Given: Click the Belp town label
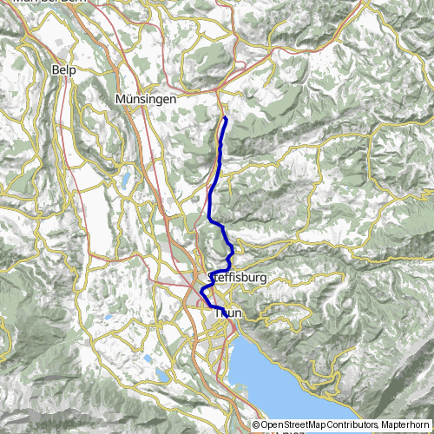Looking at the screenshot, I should [63, 69].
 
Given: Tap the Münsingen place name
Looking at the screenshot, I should [146, 100].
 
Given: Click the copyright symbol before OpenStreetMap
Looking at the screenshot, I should [256, 425].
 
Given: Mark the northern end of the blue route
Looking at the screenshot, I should [225, 116].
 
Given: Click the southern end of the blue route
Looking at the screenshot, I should [228, 319].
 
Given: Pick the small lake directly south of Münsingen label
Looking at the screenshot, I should [127, 181].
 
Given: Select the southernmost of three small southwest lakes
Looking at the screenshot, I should [163, 376].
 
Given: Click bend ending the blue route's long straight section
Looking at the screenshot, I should [211, 223].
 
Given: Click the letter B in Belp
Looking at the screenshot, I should [56, 69].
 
